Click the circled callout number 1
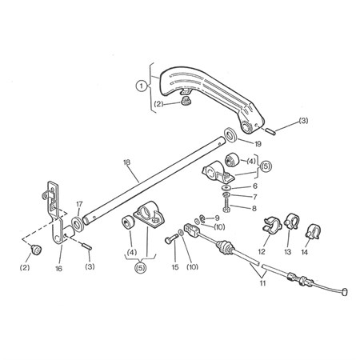(x=142, y=86)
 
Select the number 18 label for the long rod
(x=127, y=162)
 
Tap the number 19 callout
(x=258, y=144)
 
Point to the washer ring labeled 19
(x=230, y=135)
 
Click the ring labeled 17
(x=78, y=225)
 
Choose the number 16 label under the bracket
(x=58, y=268)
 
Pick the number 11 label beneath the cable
(x=262, y=283)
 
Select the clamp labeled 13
(x=291, y=221)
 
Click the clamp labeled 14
(x=313, y=232)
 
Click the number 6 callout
(x=254, y=186)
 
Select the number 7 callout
(x=255, y=197)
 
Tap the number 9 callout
(x=217, y=218)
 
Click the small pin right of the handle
(x=270, y=131)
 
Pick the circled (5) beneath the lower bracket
(x=141, y=267)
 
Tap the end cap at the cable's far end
(x=344, y=291)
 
